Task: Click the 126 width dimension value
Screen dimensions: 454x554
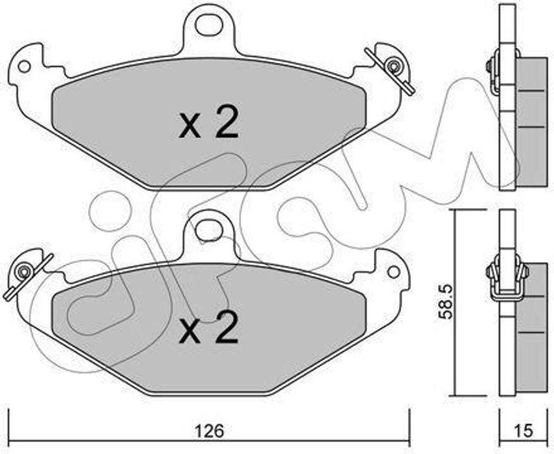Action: coord(209,431)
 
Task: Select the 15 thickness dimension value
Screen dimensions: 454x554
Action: coord(524,431)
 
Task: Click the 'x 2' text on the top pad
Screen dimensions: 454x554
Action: coord(209,124)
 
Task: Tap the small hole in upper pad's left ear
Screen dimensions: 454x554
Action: coord(24,66)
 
